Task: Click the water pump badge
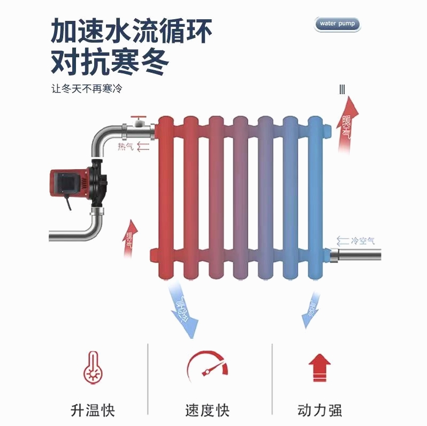(337, 24)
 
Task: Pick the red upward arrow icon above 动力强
(319, 368)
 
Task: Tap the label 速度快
(207, 410)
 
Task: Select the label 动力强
(319, 410)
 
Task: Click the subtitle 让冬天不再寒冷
(87, 89)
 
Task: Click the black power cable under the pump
(68, 204)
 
